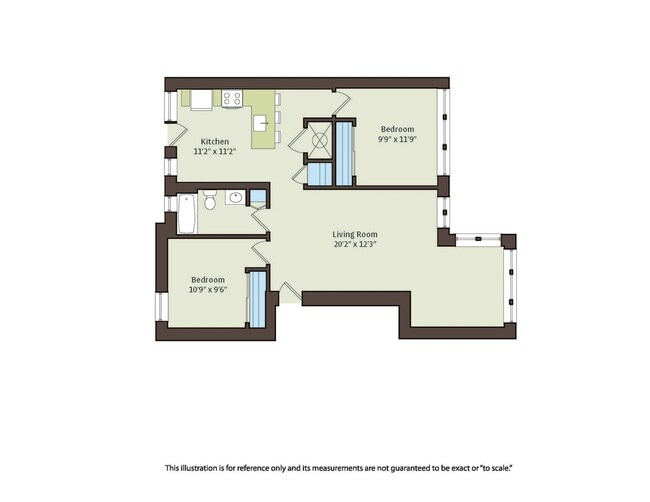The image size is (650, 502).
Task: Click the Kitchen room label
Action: (215, 141)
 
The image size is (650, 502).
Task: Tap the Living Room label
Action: (355, 234)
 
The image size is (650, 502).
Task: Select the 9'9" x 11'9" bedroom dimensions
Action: (397, 139)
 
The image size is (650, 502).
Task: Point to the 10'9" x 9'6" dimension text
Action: (208, 290)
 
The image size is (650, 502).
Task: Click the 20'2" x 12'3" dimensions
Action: (355, 244)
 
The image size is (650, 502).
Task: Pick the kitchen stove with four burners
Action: (232, 99)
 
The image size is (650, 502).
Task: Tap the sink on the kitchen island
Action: (260, 123)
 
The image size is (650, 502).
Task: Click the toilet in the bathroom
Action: (210, 199)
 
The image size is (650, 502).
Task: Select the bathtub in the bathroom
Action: (187, 214)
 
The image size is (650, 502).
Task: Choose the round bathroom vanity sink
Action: (236, 197)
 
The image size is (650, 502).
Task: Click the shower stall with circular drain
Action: (320, 140)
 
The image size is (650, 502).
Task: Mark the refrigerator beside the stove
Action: (201, 100)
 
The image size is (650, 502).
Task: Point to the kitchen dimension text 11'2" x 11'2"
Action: (215, 151)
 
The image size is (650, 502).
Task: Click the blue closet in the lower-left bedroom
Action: (258, 300)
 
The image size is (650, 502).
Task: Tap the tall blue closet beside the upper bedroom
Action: (344, 153)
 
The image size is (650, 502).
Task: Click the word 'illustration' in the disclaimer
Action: (196, 468)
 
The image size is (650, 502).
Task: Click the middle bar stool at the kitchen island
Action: (277, 117)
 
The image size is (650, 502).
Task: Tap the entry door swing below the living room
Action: (290, 291)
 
